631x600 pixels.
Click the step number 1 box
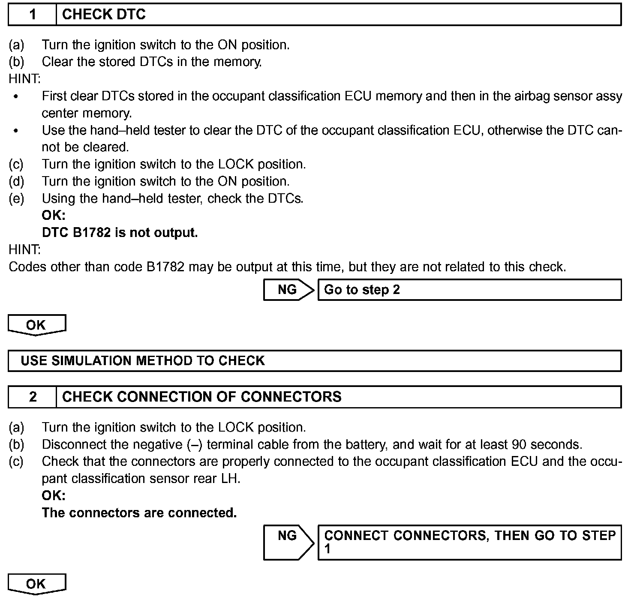33,15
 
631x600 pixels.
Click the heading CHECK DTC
104,15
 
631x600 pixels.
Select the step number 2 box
33,397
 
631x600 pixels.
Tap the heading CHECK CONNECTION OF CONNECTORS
202,397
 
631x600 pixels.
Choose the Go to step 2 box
469,290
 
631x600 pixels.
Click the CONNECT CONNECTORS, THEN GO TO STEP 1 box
469,542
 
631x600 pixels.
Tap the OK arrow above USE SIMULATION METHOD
36,325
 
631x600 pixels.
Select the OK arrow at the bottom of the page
36,584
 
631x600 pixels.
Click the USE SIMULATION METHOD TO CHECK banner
315,361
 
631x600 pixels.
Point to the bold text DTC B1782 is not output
120,233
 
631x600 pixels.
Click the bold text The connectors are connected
139,513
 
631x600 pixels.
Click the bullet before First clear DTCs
16,97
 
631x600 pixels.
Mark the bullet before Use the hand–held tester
16,131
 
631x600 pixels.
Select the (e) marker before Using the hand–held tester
16,199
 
